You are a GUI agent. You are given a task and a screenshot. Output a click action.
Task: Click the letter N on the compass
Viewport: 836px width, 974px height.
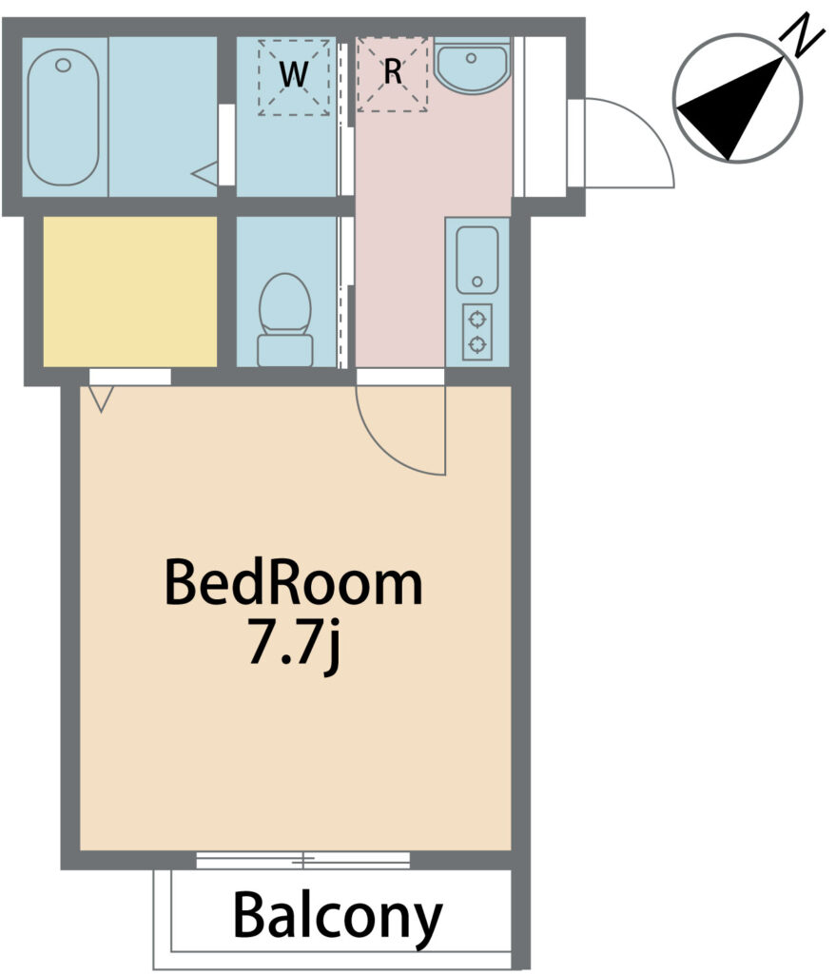point(805,35)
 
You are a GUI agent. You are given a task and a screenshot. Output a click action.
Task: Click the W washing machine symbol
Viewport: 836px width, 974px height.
point(294,76)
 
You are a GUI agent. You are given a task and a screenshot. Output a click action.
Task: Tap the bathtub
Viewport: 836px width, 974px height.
point(64,117)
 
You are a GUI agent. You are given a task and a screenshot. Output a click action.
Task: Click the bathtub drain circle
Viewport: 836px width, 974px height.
point(64,65)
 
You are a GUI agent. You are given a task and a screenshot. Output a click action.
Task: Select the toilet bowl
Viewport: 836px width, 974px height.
point(284,304)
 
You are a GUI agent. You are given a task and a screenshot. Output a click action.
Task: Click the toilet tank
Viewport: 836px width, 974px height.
point(285,350)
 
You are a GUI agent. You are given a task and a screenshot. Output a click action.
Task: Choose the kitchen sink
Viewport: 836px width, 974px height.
point(477,260)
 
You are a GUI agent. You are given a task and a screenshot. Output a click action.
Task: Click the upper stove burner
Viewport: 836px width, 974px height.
point(477,320)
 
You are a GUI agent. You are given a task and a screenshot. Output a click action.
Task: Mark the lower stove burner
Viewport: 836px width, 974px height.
point(477,343)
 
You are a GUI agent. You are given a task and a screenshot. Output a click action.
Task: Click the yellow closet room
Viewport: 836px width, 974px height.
point(129,291)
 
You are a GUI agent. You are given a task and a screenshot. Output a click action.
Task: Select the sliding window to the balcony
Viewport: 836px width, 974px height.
point(303,860)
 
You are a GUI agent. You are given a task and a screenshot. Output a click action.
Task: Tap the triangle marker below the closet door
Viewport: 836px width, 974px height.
point(101,399)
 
